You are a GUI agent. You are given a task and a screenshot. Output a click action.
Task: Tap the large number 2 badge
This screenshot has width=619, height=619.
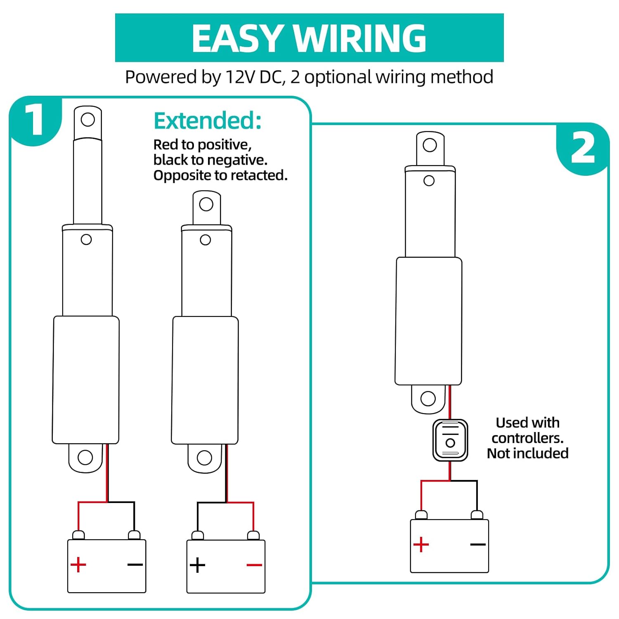coord(583,149)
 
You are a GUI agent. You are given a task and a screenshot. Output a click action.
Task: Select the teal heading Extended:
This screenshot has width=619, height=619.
coord(208,121)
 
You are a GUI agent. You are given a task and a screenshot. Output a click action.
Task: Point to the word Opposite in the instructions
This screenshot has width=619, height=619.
coord(182,175)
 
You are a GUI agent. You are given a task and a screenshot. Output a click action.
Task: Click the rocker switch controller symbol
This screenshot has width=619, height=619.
coord(450,440)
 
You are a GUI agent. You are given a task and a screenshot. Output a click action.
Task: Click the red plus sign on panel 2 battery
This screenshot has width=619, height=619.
coord(421,545)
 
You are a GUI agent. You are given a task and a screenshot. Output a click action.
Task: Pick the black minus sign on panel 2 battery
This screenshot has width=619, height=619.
coord(478,545)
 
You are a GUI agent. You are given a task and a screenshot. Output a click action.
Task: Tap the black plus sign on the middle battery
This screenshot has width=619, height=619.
coord(197,565)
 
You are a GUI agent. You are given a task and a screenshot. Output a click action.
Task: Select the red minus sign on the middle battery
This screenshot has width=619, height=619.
coord(254,565)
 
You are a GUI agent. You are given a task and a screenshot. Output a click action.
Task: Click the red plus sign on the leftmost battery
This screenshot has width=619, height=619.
coord(78,565)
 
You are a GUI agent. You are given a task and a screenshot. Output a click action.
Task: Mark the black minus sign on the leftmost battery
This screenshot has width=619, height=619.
coord(135,565)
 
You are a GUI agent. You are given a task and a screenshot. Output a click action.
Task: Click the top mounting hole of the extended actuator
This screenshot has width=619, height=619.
coord(88,120)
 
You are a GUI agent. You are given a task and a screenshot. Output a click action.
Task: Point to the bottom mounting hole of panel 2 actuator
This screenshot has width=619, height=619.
coord(428,399)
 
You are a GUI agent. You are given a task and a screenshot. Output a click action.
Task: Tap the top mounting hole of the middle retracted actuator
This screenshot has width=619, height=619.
coord(206,204)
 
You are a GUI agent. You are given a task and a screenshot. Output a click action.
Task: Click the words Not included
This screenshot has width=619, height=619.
coord(527,454)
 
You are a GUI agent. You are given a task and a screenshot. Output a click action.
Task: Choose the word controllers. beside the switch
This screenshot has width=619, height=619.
coord(527,438)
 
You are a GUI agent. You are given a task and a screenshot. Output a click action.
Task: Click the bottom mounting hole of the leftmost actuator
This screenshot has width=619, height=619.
coord(85,457)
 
